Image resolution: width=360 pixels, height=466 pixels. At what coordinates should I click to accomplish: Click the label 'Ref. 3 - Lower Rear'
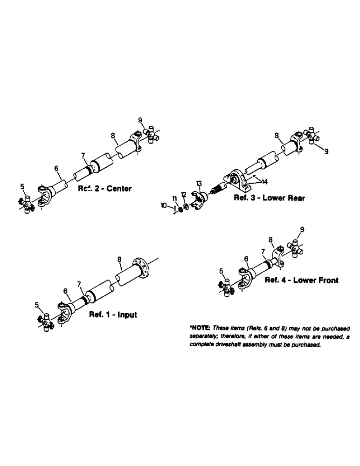coord(270,198)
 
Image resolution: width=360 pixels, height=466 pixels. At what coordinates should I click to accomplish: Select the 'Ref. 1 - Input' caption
coord(113,315)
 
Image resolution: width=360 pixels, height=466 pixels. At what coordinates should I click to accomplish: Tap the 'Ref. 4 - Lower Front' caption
coord(301,281)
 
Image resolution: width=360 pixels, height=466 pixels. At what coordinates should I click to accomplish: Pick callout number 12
coord(184,193)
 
